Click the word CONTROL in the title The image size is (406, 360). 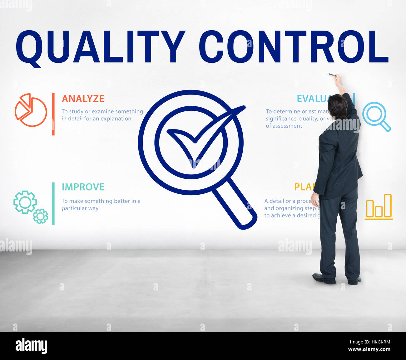point(294,47)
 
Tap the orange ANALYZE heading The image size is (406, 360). point(83,99)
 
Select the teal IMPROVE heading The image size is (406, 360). point(83,187)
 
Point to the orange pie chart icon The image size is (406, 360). point(31,110)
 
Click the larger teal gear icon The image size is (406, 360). point(25,202)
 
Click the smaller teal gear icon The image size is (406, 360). point(41,216)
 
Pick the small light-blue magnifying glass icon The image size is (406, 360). point(376,116)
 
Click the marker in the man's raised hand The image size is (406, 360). point(332,75)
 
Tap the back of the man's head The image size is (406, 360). point(337,106)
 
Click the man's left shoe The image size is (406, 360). point(324,278)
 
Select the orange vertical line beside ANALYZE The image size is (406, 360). point(53,114)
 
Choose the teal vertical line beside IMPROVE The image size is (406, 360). point(53,203)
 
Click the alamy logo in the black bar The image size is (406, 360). point(31,346)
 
